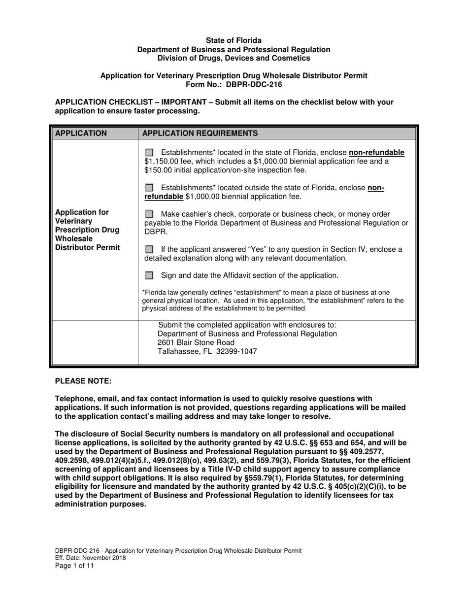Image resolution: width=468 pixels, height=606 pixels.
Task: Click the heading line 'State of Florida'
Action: coord(234,40)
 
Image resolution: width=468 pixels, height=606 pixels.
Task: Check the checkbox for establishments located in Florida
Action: coord(149,153)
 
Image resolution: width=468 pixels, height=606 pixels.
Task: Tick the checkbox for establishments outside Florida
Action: coord(149,188)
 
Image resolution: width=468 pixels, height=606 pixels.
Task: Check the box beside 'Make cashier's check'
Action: coord(149,214)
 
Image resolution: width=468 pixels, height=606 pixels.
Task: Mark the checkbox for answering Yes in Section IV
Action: coord(149,250)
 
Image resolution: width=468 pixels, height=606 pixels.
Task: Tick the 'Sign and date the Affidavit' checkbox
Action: coord(149,275)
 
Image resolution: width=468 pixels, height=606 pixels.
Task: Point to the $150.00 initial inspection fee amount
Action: coord(160,170)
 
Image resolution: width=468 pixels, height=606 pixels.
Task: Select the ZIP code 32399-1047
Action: coord(236,352)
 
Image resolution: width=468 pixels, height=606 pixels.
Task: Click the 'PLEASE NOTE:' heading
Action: coord(83,381)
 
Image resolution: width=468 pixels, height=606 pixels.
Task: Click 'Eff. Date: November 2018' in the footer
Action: coord(90,558)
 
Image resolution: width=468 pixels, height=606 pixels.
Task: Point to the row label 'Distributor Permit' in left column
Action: coord(87,247)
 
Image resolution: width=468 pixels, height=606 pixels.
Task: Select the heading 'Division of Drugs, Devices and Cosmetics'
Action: coord(234,58)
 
